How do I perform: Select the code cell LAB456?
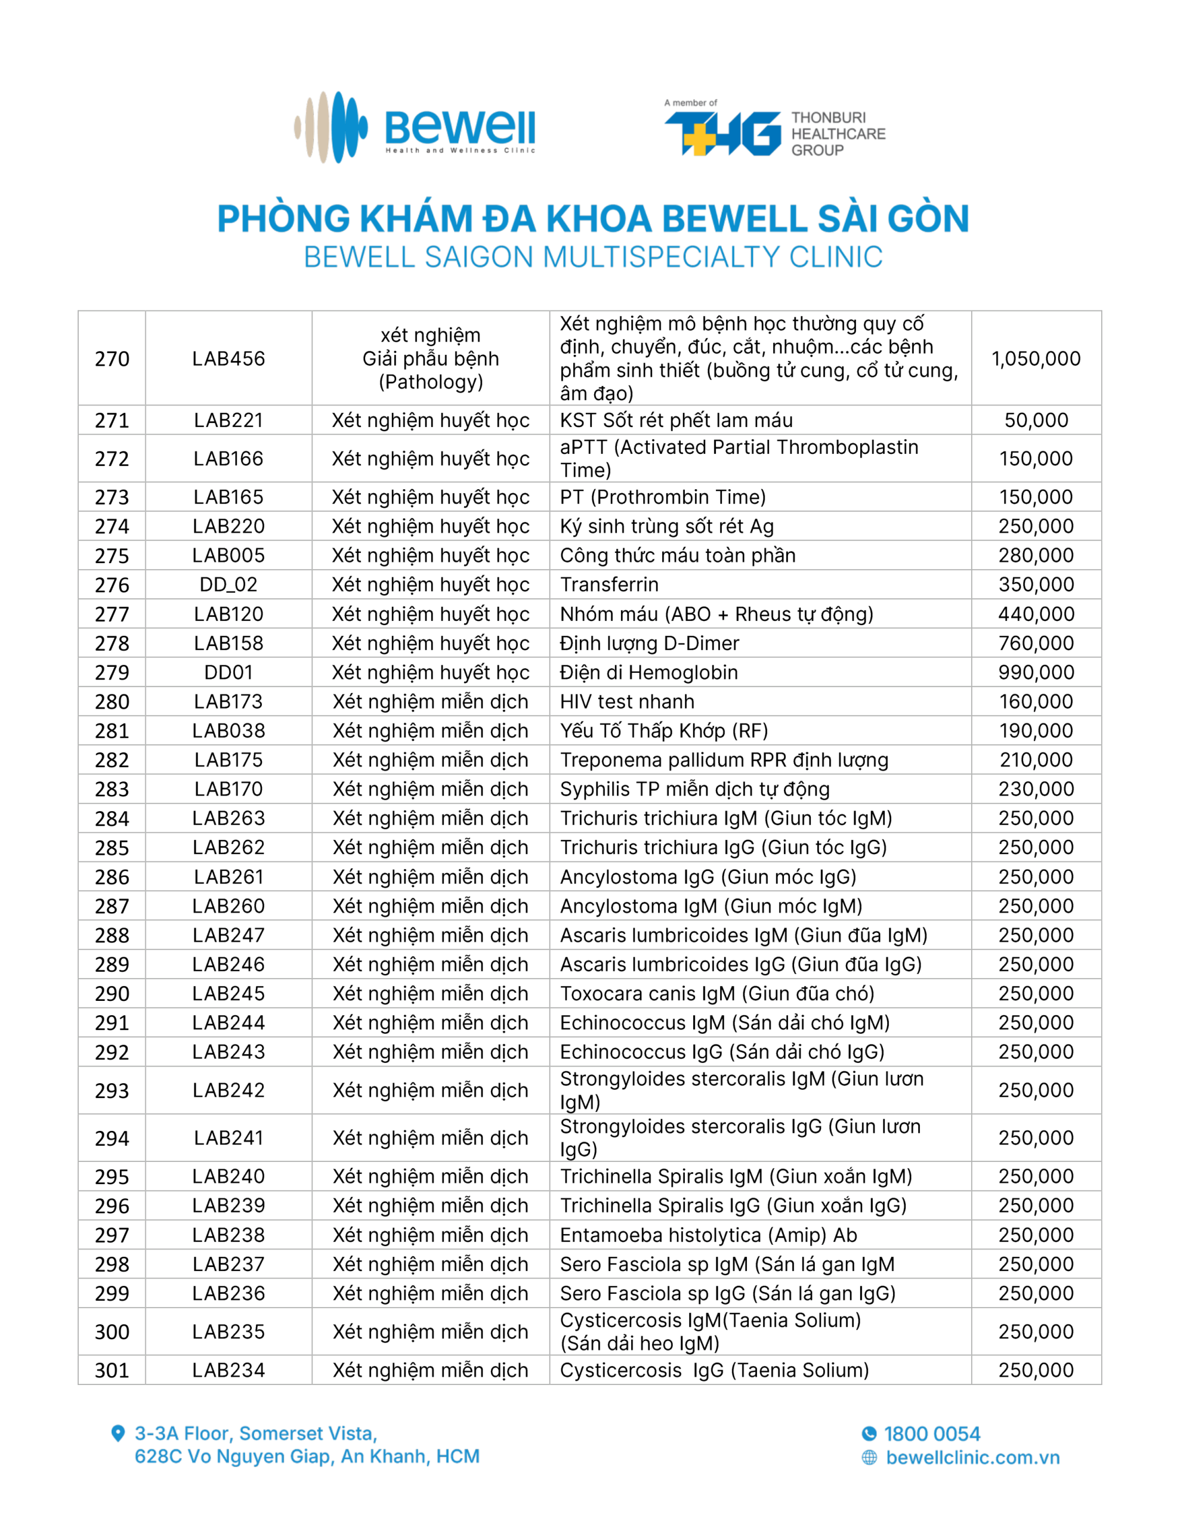228,358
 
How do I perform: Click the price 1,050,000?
1035,358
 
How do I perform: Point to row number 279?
112,673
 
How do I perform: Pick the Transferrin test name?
609,585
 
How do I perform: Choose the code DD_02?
228,585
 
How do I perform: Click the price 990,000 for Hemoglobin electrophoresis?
1035,673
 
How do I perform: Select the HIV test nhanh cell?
627,701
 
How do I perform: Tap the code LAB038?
228,731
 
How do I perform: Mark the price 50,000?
1035,420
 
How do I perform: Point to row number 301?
112,1370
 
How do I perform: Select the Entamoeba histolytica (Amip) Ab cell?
708,1235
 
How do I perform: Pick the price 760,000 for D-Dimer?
1035,643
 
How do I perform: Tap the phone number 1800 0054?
932,1434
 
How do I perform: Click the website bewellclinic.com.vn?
972,1458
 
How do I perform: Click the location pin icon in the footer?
118,1433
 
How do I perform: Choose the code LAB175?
228,760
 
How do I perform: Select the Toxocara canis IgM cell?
717,994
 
